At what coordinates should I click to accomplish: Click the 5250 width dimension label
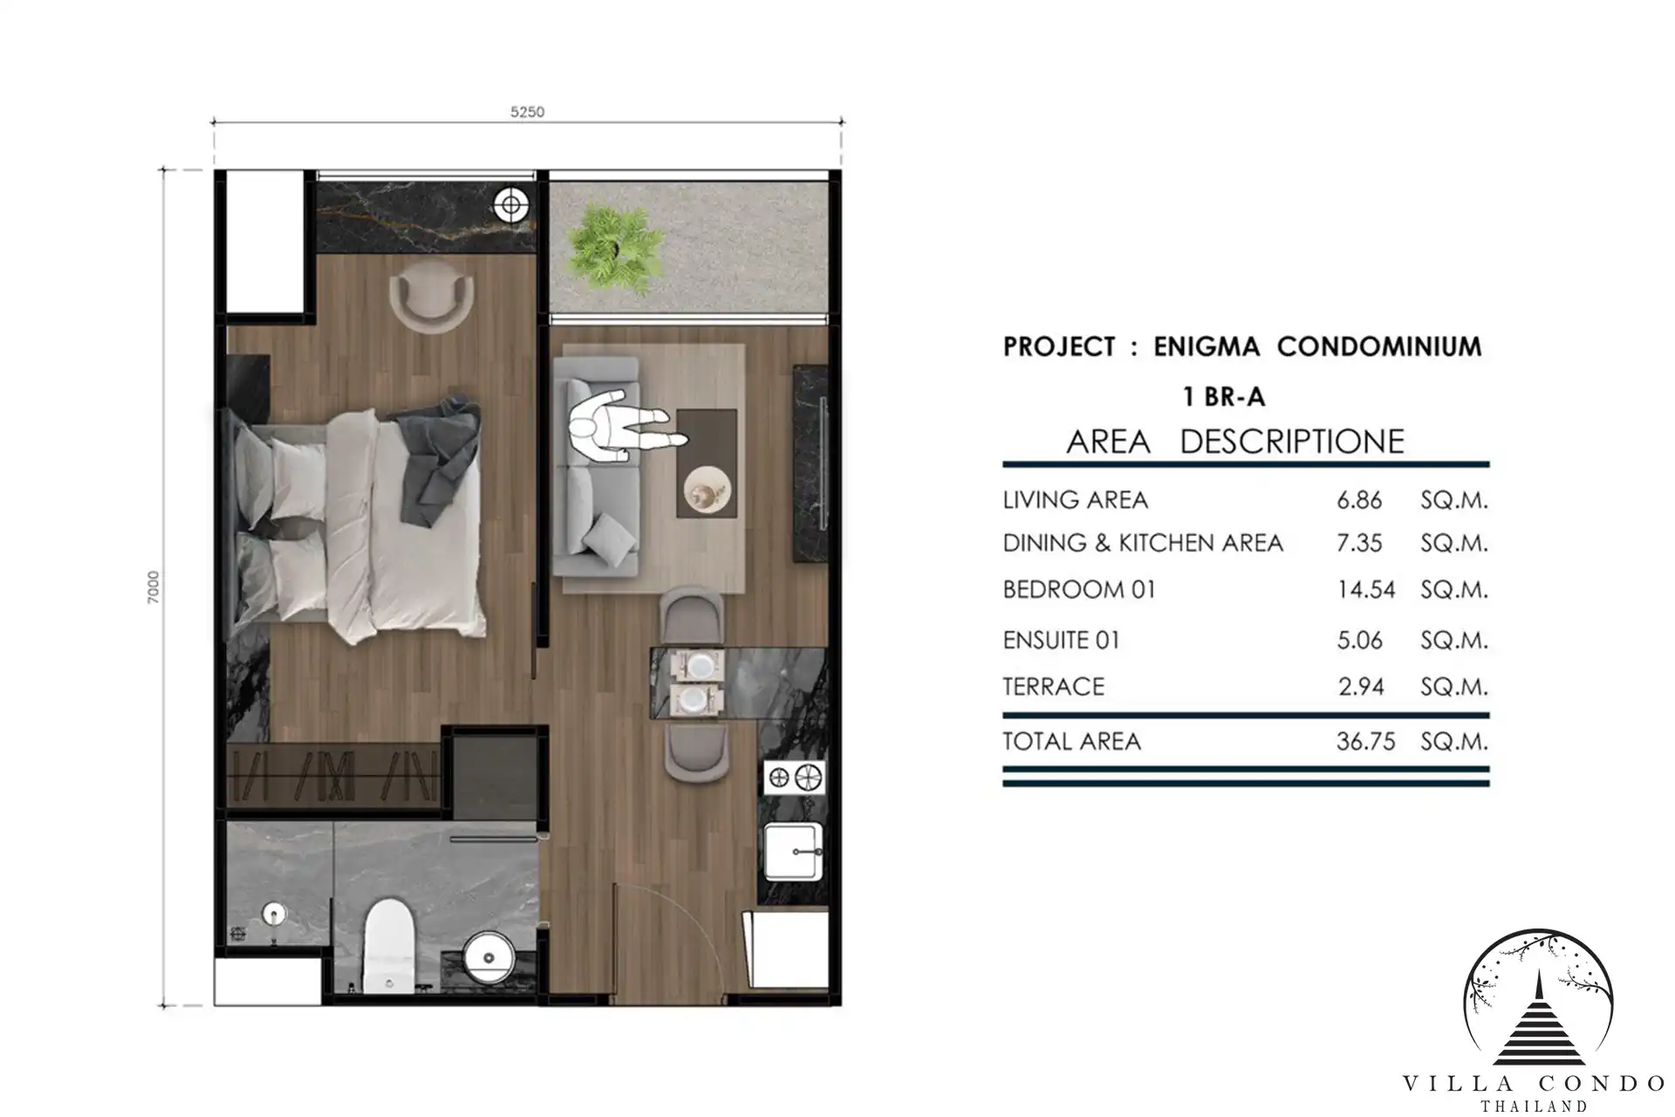527,112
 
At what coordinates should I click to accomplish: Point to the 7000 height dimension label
154,588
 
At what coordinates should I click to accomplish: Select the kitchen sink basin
793,851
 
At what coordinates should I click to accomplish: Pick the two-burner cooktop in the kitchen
794,777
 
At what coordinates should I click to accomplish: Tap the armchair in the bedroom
431,297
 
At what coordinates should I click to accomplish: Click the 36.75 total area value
1365,742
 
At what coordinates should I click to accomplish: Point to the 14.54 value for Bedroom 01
1366,590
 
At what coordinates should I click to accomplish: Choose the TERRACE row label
1053,687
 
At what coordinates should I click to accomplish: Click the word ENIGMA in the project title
1207,346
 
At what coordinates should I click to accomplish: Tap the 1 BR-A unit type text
1223,397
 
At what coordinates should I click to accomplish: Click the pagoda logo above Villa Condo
1538,1000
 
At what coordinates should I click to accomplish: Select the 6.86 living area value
1359,500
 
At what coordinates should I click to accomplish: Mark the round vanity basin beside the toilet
489,958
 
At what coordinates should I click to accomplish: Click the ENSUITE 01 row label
1061,641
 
